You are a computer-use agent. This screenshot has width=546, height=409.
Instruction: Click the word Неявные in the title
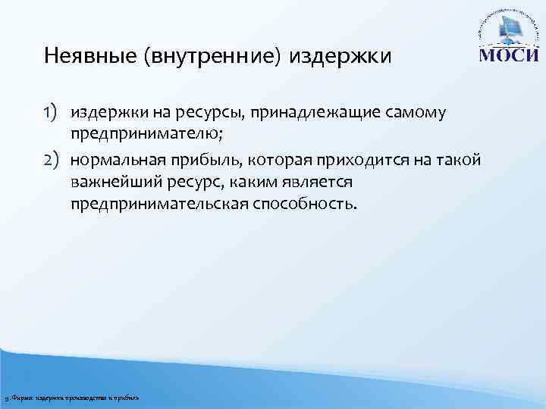pyautogui.click(x=75, y=56)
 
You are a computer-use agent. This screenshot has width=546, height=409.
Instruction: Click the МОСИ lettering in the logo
pyautogui.click(x=507, y=58)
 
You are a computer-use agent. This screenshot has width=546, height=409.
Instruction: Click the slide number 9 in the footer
pyautogui.click(x=6, y=398)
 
